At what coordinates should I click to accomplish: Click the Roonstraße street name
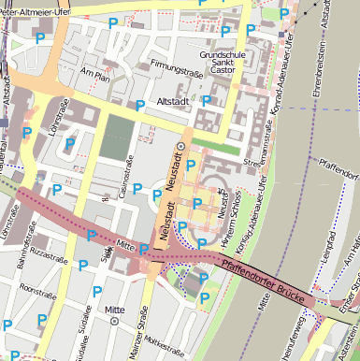coord(38,288)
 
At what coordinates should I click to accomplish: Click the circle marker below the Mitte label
coord(115,321)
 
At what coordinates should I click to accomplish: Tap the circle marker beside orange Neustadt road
coord(182,147)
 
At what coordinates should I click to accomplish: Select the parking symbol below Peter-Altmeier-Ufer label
coord(40,38)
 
